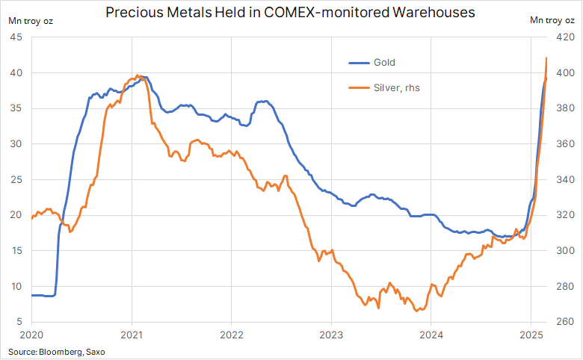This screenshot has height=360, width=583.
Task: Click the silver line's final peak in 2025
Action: [x=547, y=58]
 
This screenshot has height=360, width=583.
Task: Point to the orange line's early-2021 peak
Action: [x=138, y=75]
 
